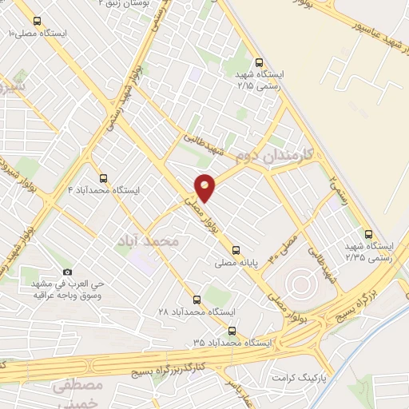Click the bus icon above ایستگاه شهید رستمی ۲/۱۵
(x=258, y=62)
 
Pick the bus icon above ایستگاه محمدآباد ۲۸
(x=187, y=300)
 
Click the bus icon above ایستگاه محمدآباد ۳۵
(x=232, y=330)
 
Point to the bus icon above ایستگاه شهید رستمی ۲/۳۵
(x=368, y=234)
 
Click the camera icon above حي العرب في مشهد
(x=66, y=272)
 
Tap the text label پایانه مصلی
(x=236, y=261)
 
